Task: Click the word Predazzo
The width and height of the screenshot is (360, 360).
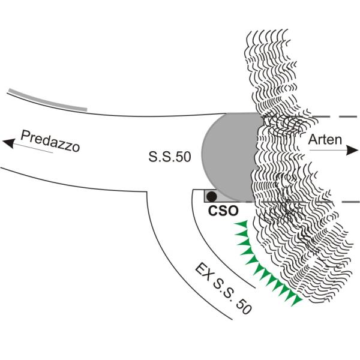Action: point(50,141)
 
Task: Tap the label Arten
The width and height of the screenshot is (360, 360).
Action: point(325,140)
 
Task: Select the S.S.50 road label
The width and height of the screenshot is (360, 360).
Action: point(170,157)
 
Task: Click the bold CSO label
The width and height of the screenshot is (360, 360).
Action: point(223,211)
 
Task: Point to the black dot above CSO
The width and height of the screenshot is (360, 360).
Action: point(211,196)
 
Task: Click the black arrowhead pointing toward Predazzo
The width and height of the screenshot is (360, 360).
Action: point(9,143)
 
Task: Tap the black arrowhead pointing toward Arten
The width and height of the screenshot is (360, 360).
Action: point(352,150)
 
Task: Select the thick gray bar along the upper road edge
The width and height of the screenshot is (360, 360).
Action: point(48,100)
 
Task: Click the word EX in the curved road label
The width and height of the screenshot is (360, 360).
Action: point(203,272)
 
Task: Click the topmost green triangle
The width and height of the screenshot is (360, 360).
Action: point(242,224)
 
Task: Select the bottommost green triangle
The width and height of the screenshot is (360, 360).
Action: point(296,301)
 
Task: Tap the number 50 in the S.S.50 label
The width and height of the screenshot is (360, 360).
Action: point(184,157)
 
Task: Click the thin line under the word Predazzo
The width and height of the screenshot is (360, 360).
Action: point(33,148)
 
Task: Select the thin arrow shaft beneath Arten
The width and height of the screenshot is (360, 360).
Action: point(328,150)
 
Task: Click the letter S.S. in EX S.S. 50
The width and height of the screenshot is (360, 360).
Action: point(223,289)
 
